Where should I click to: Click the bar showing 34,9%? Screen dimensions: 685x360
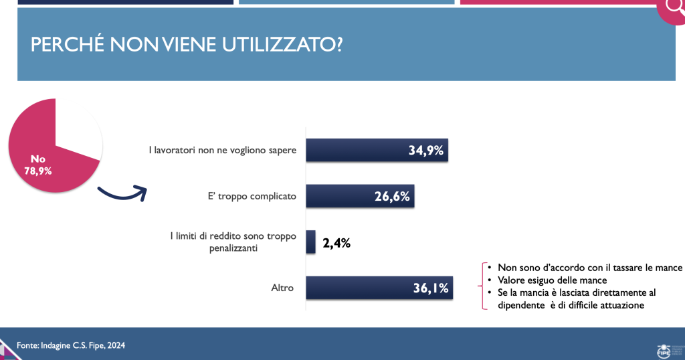(x=377, y=151)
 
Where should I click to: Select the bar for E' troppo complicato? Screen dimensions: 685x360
(x=360, y=196)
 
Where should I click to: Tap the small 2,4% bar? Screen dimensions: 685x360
(x=310, y=242)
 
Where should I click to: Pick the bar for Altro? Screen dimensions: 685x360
(x=379, y=288)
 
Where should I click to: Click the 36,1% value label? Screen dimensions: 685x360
(x=431, y=288)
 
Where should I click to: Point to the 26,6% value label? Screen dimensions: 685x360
(x=392, y=197)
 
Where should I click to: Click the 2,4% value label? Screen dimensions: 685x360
(x=336, y=243)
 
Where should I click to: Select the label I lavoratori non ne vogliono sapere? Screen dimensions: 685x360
(x=222, y=151)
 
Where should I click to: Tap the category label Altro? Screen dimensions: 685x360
(x=282, y=288)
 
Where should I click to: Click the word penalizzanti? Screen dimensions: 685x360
(x=233, y=248)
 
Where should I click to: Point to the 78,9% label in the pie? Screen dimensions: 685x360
(x=38, y=171)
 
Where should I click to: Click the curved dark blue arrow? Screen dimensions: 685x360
(x=122, y=194)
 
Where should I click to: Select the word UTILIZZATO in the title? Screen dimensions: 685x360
(x=283, y=45)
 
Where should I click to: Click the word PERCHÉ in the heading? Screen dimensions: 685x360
(x=68, y=45)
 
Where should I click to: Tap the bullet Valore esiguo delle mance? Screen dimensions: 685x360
(x=552, y=280)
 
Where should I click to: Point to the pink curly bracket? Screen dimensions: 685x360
(x=483, y=286)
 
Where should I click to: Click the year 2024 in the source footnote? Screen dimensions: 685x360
(x=116, y=345)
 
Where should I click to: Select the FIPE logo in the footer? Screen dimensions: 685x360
(x=664, y=350)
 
